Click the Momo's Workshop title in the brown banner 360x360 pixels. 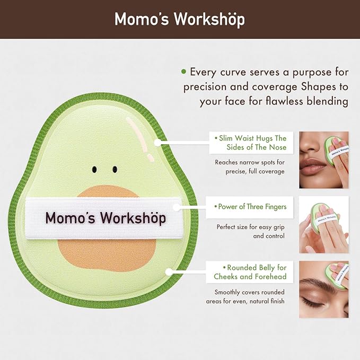180,19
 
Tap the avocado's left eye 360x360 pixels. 94,170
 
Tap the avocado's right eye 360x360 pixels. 115,170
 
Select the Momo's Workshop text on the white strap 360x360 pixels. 106,218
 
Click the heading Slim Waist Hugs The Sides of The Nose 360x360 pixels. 250,142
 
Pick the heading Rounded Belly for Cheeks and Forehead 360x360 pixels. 249,271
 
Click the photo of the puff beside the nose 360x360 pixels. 323,160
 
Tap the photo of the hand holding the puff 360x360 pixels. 323,225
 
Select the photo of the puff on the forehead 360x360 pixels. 323,289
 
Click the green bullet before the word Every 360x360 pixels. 183,71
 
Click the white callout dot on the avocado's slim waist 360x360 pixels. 157,142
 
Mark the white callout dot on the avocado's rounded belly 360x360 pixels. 169,271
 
